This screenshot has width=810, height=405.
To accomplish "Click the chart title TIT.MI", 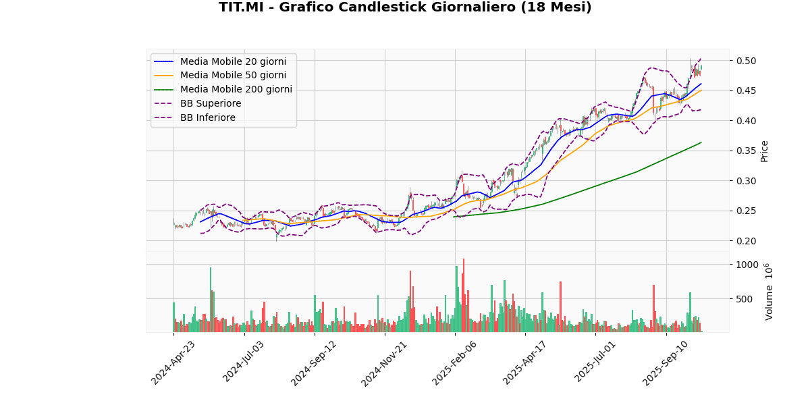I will (x=405, y=7).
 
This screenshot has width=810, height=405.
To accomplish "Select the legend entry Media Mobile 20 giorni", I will (x=233, y=61).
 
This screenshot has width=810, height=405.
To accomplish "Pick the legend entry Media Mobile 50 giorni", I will (x=233, y=76).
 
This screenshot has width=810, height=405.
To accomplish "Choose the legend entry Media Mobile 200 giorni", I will (x=236, y=90).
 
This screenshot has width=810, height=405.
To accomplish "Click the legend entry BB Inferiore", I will (x=208, y=118).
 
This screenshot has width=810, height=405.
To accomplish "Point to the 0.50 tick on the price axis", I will (x=747, y=61).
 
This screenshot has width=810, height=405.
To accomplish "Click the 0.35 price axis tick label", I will (x=747, y=151).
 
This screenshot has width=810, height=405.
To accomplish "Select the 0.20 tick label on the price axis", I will (x=747, y=241).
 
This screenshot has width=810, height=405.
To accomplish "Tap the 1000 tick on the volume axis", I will (x=749, y=265).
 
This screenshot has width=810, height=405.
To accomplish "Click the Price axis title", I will (x=765, y=151).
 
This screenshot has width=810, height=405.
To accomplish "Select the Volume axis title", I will (x=769, y=292).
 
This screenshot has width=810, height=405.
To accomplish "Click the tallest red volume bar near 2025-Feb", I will (x=464, y=295).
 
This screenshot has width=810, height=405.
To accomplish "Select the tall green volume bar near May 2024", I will (x=211, y=300).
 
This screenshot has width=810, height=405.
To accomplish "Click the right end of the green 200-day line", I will (x=701, y=142).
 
